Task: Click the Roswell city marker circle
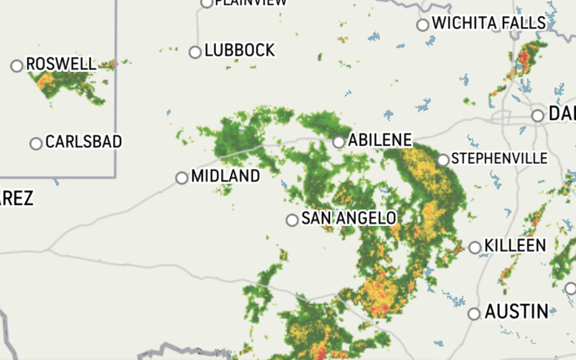click(x=17, y=66)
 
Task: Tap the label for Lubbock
click(x=240, y=50)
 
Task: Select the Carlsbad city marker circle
click(x=36, y=143)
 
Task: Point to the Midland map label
click(x=225, y=176)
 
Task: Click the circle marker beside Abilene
click(x=338, y=142)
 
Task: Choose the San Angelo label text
click(x=349, y=218)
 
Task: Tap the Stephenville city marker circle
click(x=443, y=160)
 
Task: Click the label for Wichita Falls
click(x=489, y=23)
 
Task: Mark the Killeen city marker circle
click(x=475, y=247)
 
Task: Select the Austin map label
click(x=517, y=311)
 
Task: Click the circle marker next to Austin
click(x=474, y=314)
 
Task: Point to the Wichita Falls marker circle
click(x=423, y=25)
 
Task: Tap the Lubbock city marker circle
click(x=195, y=52)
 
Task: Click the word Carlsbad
click(x=84, y=141)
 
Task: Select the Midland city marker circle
click(x=182, y=177)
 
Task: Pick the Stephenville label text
click(x=499, y=158)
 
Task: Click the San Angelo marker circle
click(x=292, y=220)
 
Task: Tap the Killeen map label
click(x=515, y=246)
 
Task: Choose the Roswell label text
click(x=61, y=64)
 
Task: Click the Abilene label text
click(x=380, y=140)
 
